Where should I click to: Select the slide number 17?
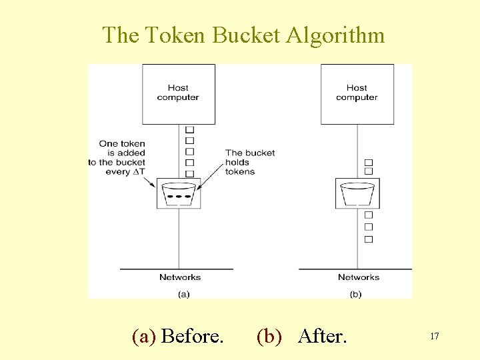(x=434, y=337)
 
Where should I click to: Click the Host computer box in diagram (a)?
(x=179, y=93)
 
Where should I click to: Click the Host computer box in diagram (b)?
(x=357, y=93)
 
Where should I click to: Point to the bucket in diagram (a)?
(x=179, y=193)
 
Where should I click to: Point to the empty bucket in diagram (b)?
(x=357, y=193)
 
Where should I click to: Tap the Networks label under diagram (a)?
(x=180, y=277)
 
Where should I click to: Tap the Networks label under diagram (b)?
(x=359, y=277)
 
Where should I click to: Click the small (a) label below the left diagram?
(x=183, y=294)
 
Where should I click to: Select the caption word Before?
(x=192, y=336)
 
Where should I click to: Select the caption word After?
(x=323, y=336)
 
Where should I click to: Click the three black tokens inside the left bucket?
(x=179, y=197)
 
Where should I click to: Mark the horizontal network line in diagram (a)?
(x=177, y=269)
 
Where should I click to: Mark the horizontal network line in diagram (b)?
(x=355, y=269)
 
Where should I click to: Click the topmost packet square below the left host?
(x=189, y=130)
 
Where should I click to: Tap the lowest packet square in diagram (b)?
(x=369, y=239)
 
